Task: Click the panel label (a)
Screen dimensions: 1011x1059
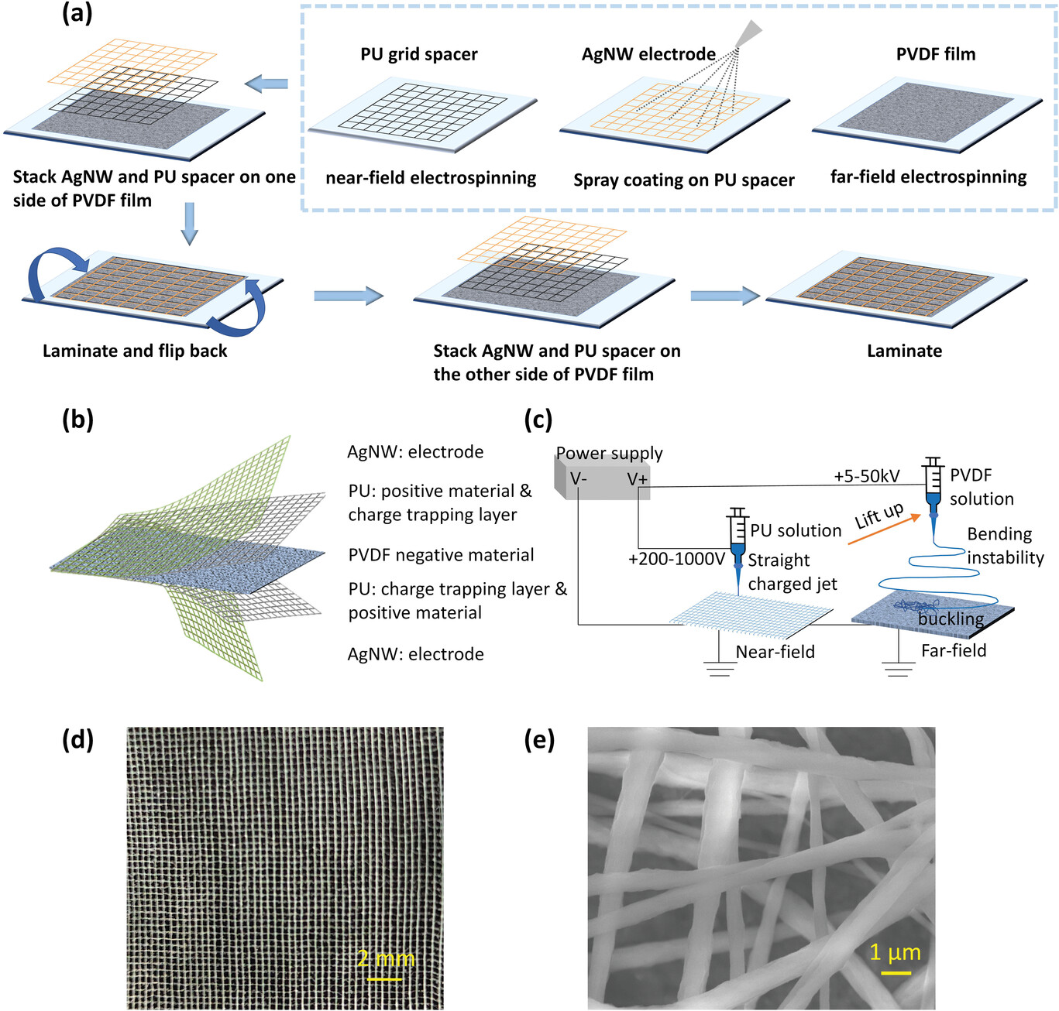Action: (77, 13)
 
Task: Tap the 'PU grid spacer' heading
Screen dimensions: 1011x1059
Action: (418, 54)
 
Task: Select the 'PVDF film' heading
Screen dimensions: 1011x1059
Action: (935, 54)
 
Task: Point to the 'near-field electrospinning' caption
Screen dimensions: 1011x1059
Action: (431, 178)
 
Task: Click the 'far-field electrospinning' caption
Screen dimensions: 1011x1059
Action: (928, 177)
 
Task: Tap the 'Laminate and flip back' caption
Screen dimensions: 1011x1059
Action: (135, 351)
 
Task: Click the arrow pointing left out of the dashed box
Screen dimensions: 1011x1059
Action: (266, 84)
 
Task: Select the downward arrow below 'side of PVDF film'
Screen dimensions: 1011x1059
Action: (189, 224)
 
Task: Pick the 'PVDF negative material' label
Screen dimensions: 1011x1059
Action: (441, 555)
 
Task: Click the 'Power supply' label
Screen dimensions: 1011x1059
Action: (609, 453)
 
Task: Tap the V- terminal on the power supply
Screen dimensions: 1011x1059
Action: (579, 479)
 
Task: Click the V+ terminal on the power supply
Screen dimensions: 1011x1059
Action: (637, 480)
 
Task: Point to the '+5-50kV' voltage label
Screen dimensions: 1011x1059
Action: (866, 476)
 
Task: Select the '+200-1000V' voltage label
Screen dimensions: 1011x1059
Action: (676, 559)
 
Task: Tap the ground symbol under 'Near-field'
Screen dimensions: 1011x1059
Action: (720, 668)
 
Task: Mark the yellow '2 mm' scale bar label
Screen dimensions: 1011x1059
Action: (386, 959)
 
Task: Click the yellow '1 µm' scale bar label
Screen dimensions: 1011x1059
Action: (895, 953)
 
